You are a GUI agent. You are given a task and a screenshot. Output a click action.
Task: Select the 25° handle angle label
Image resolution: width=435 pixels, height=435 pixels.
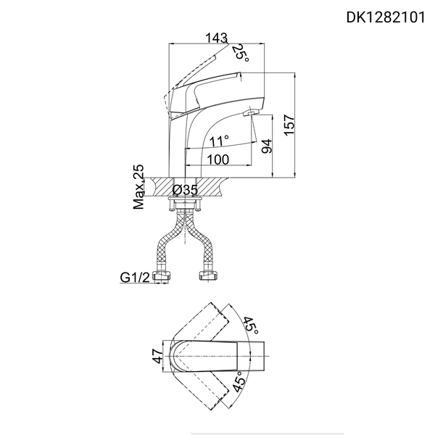click(x=241, y=52)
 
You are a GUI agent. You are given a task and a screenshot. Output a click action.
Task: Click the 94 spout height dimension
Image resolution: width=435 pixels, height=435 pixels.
click(x=265, y=147)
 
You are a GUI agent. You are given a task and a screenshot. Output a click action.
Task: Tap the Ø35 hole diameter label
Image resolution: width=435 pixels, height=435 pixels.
click(x=186, y=190)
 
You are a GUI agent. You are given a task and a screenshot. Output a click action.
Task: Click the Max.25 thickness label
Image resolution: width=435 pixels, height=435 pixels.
click(x=139, y=187)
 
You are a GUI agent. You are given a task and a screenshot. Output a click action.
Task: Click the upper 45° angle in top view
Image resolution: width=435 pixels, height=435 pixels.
click(x=252, y=325)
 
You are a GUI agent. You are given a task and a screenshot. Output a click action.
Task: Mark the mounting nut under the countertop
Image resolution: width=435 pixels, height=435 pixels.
click(x=185, y=206)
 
